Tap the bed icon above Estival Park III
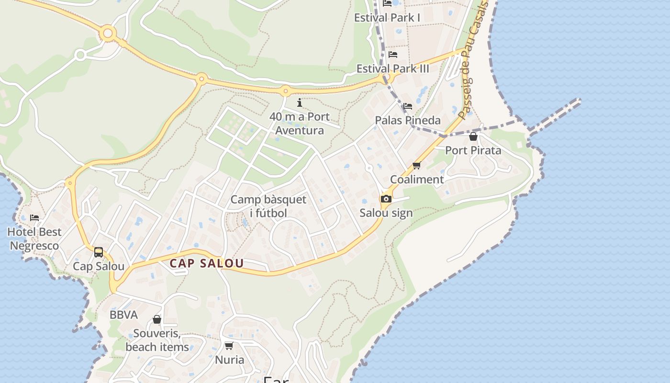tap(393, 55)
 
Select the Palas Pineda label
tap(407, 120)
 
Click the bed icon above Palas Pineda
tap(407, 106)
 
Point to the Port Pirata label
tap(473, 150)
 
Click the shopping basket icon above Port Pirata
tap(473, 137)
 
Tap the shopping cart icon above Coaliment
tap(416, 166)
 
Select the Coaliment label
tap(417, 180)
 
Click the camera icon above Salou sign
tap(386, 199)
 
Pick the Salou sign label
tap(386, 213)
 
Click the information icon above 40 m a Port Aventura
tap(300, 102)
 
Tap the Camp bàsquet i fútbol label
tap(268, 206)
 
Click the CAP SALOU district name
tap(207, 263)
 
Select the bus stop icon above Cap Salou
tap(99, 252)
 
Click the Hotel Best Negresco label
tap(34, 239)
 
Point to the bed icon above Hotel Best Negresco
tap(34, 218)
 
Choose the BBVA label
tap(123, 315)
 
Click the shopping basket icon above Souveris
tap(156, 319)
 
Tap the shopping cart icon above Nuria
tap(229, 346)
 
